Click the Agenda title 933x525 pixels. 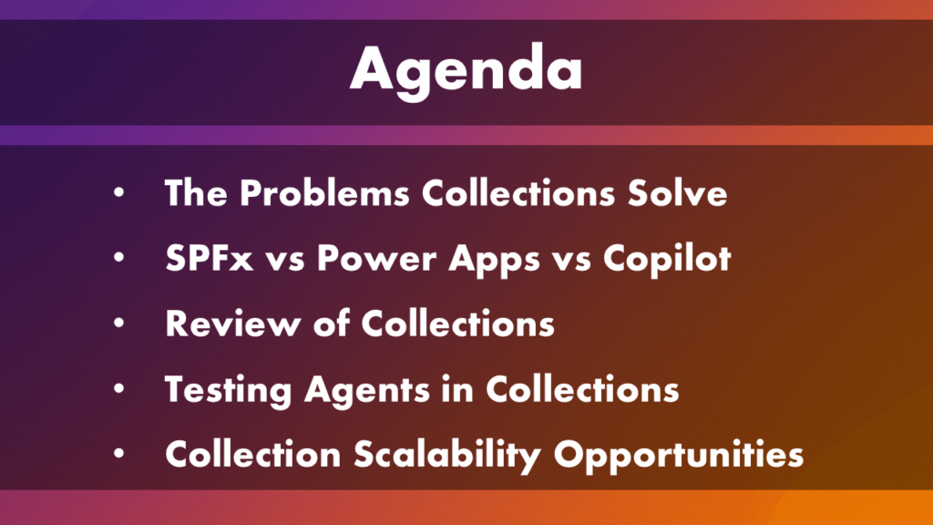click(x=466, y=70)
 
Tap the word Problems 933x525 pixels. click(x=325, y=193)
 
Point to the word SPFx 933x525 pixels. click(x=210, y=258)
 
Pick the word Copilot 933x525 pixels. click(x=667, y=260)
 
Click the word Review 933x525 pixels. click(x=233, y=324)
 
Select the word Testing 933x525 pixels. click(x=228, y=390)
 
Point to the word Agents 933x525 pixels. click(x=367, y=390)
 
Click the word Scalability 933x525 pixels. click(x=447, y=456)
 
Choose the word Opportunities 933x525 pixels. click(x=679, y=456)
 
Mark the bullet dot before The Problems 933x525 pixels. click(x=119, y=193)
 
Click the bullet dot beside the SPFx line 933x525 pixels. click(x=119, y=258)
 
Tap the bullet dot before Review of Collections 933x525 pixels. click(x=119, y=324)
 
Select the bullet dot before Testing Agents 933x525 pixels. click(x=119, y=388)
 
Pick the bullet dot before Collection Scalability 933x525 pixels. click(x=119, y=454)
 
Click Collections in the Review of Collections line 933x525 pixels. click(x=457, y=324)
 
